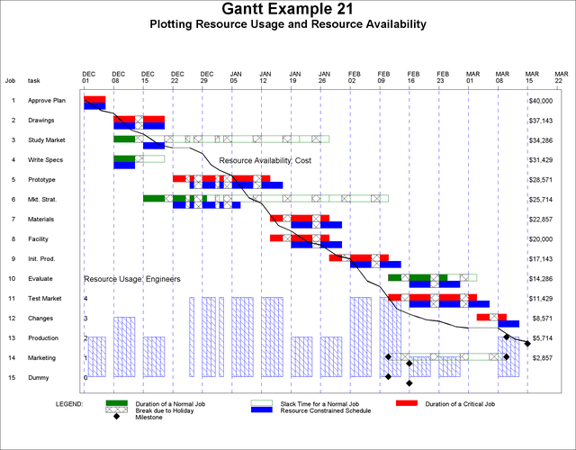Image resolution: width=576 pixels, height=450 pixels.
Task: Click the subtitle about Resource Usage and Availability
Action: [x=287, y=24]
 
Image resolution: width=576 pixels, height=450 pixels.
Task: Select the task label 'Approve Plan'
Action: [x=47, y=101]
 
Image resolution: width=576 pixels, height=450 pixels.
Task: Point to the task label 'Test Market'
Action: [x=46, y=299]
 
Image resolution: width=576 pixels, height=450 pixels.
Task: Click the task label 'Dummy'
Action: [x=40, y=378]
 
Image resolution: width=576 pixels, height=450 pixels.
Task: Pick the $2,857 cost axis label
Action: [x=542, y=358]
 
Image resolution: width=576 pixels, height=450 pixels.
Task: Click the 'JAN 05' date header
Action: [x=236, y=76]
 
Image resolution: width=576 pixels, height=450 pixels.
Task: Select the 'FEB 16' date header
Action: [x=414, y=76]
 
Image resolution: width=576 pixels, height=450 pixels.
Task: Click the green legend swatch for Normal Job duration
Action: [x=117, y=403]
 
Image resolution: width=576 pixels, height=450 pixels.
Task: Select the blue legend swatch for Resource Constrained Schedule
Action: [x=263, y=410]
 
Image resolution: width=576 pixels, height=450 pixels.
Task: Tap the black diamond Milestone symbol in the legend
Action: [x=117, y=418]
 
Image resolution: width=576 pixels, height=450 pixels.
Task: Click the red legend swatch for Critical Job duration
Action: [x=408, y=403]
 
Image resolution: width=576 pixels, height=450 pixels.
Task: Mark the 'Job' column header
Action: [x=11, y=81]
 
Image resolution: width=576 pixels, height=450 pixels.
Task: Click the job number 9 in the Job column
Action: [x=13, y=259]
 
